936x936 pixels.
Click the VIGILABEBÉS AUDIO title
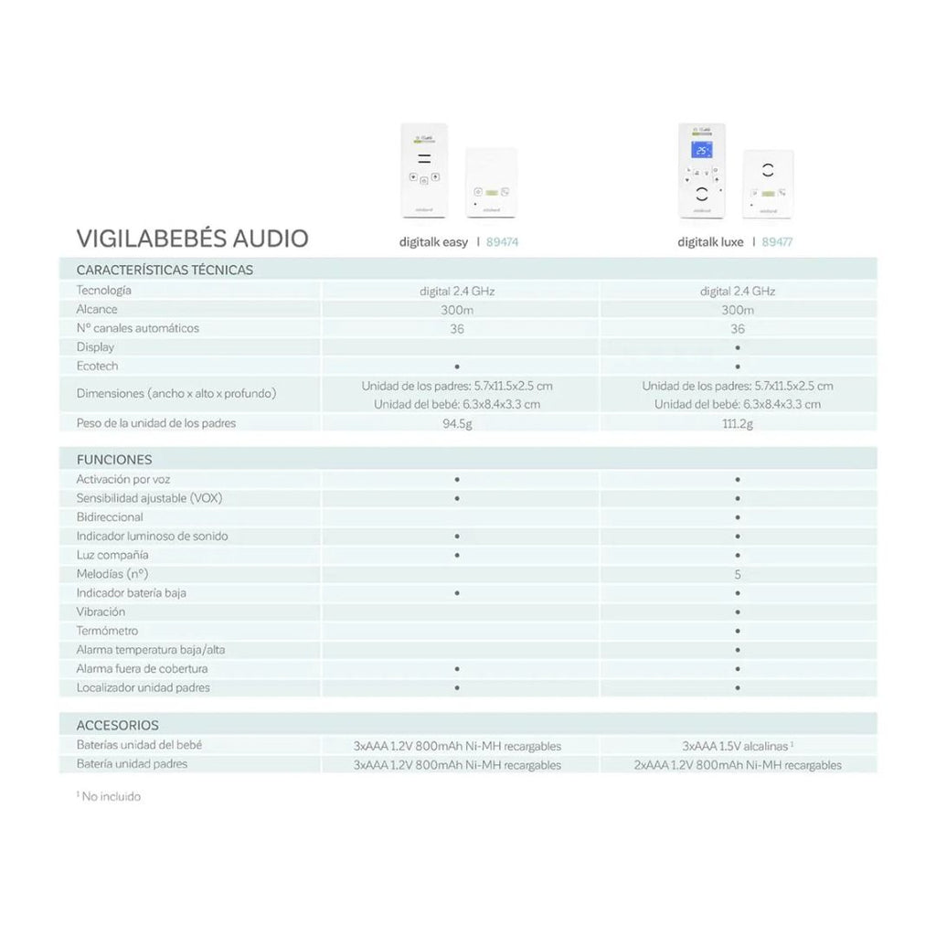coord(192,239)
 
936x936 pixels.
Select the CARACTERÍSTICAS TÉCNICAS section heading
coord(165,270)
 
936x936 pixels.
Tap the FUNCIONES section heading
coord(114,459)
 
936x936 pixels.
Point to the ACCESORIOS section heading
coord(118,725)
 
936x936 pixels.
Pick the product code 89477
coord(777,242)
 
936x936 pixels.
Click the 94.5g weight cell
coord(457,424)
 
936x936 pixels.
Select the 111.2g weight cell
coord(737,424)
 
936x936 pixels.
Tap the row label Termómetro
coord(107,631)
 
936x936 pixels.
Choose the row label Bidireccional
coord(110,516)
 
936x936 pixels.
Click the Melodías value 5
coord(737,575)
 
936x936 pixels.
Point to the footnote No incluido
coord(111,796)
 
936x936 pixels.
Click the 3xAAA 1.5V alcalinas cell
coord(737,746)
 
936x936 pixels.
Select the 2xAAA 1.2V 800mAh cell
coord(737,765)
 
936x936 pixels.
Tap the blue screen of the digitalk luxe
coord(701,150)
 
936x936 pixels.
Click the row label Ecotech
coord(97,366)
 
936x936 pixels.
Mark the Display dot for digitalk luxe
coord(737,348)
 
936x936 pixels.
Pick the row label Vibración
coord(101,612)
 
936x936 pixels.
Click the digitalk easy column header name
coord(433,242)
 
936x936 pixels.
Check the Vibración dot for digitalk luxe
coord(737,612)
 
